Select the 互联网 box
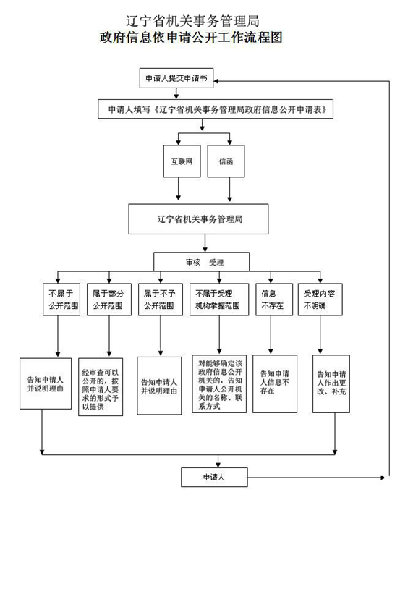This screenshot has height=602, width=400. (181, 162)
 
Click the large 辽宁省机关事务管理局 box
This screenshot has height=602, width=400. (199, 219)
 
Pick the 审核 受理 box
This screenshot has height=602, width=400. (201, 262)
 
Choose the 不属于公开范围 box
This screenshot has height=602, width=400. (61, 300)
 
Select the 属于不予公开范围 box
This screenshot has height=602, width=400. (158, 300)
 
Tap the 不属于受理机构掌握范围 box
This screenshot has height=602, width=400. (219, 300)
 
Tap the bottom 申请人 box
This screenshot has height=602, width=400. (213, 477)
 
